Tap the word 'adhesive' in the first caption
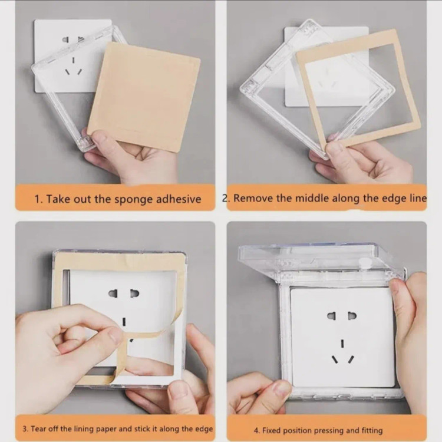tap(179, 199)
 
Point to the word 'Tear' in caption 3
tap(39, 429)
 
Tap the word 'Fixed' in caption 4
tap(272, 430)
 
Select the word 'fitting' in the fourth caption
tap(372, 431)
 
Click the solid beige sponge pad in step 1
tap(144, 97)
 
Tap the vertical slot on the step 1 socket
tap(73, 60)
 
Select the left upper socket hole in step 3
tap(113, 293)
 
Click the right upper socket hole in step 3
tap(134, 293)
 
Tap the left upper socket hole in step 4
tap(331, 316)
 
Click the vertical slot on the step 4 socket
tap(342, 343)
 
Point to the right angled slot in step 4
tap(351, 359)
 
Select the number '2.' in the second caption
tap(225, 198)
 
